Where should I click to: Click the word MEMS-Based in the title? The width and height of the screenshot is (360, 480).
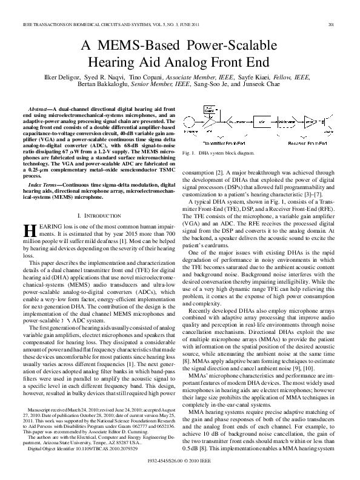145,46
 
